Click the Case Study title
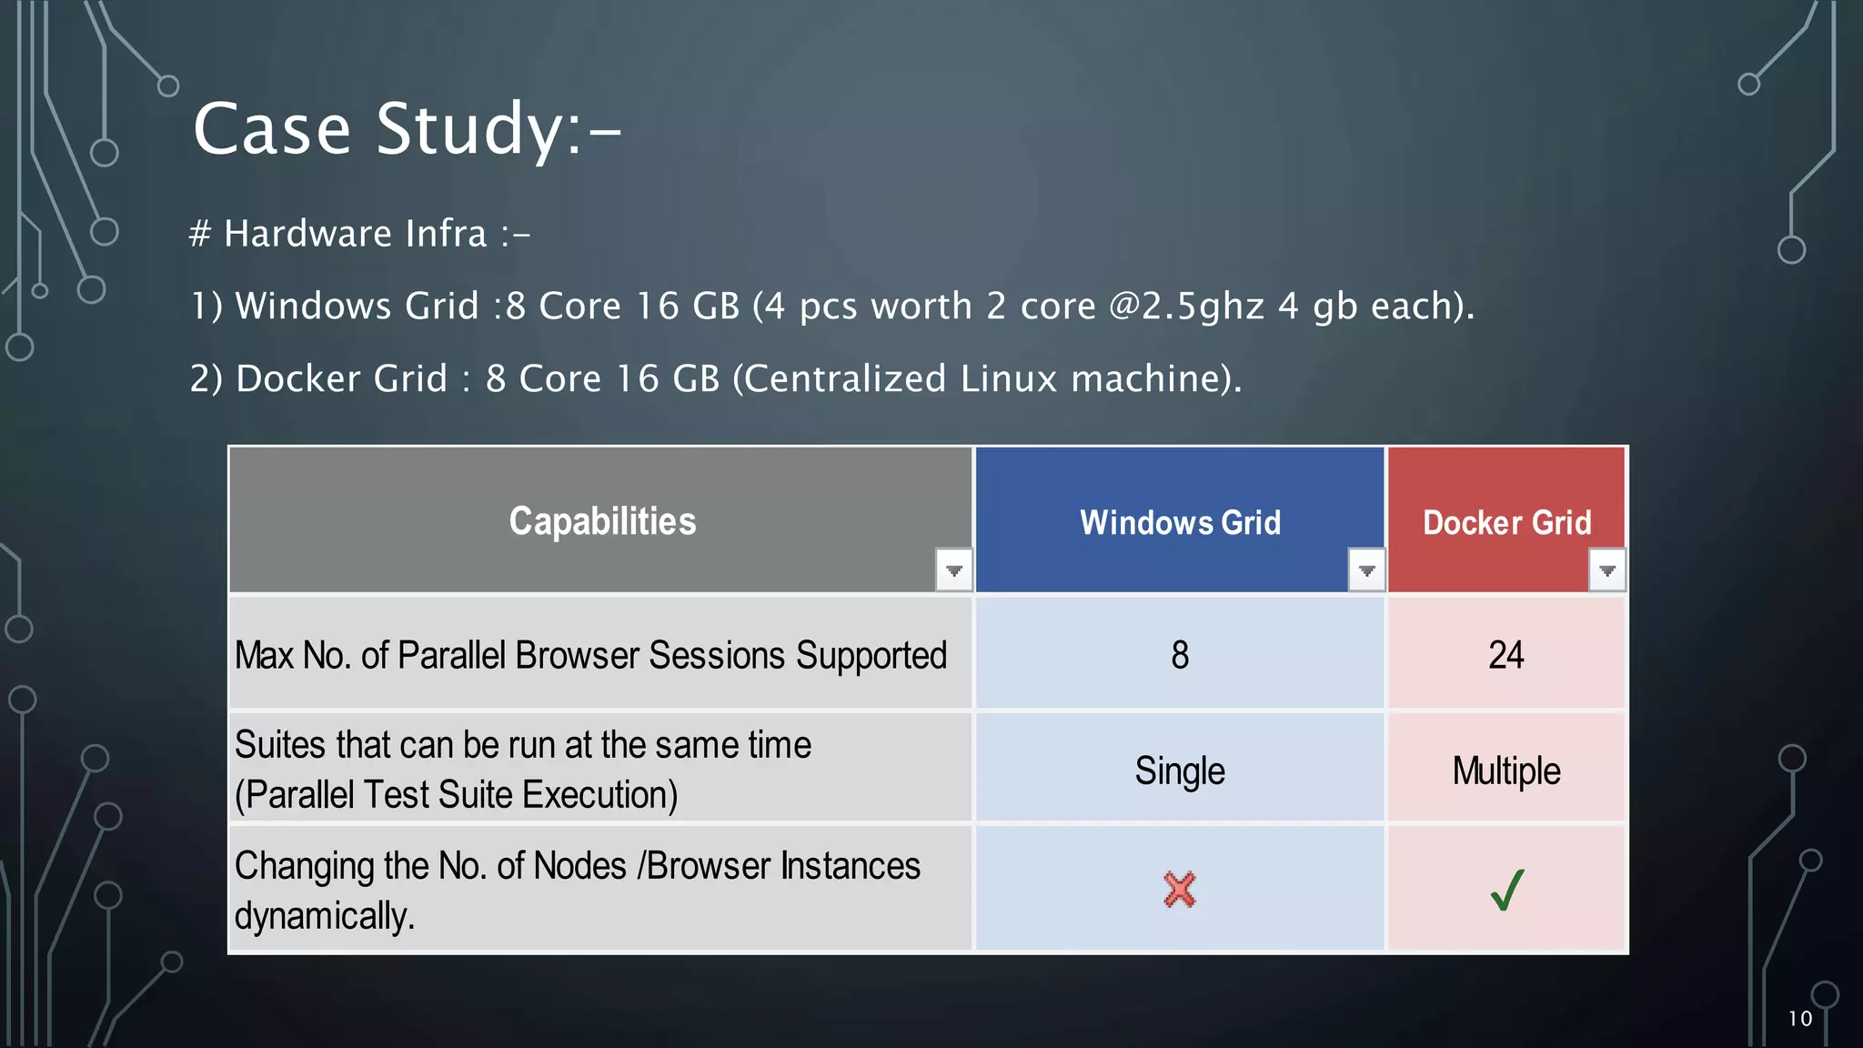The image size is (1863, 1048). [x=407, y=129]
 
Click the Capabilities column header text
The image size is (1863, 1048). [x=602, y=521]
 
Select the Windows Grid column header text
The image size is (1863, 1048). [x=1180, y=523]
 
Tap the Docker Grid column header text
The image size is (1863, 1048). [x=1506, y=523]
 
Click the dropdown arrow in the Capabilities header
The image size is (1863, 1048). [x=953, y=570]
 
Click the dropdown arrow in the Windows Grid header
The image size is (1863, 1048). [x=1366, y=570]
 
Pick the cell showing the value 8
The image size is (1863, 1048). [x=1180, y=655]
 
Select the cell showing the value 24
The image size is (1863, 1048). [x=1506, y=655]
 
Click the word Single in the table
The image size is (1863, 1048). [x=1180, y=771]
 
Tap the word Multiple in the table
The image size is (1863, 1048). [x=1506, y=771]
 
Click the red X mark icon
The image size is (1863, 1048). [x=1180, y=890]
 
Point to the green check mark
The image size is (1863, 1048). [x=1507, y=890]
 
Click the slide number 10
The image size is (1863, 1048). [x=1799, y=1019]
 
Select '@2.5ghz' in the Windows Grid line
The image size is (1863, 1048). [x=1186, y=307]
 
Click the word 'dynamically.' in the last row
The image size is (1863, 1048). [x=325, y=915]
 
